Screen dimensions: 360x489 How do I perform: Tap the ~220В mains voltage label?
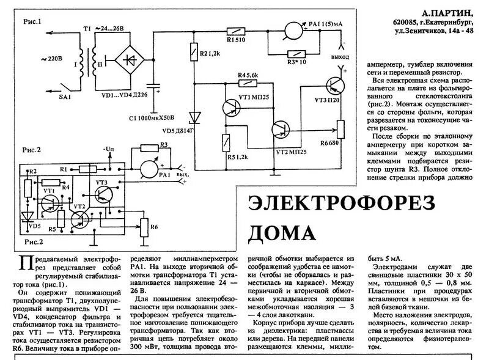click(51, 60)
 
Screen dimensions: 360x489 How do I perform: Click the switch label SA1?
click(65, 97)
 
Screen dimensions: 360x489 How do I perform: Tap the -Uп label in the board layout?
click(108, 149)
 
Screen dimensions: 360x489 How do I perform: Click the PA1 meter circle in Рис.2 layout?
click(145, 168)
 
